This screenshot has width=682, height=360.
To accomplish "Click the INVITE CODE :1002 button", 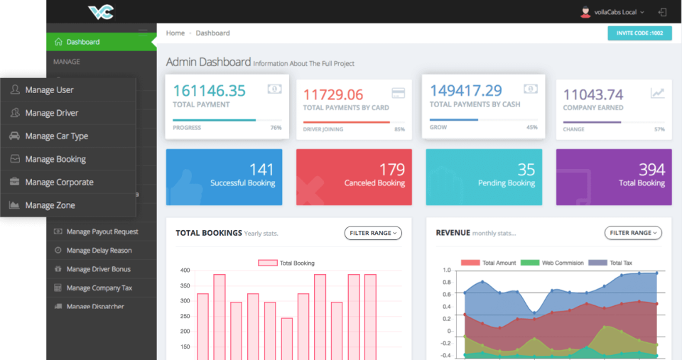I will pyautogui.click(x=639, y=33).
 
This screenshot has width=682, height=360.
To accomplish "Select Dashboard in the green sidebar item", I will pyautogui.click(x=82, y=42).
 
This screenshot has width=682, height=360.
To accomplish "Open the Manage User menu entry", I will pyautogui.click(x=49, y=90).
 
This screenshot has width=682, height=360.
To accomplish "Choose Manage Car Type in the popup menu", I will pyautogui.click(x=56, y=136).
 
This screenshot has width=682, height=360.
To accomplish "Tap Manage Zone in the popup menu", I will pyautogui.click(x=50, y=205).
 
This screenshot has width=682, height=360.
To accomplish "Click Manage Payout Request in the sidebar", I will pyautogui.click(x=102, y=231).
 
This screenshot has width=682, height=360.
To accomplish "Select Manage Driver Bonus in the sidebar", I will pyautogui.click(x=98, y=269).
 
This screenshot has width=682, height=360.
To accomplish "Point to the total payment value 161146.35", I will pyautogui.click(x=209, y=91).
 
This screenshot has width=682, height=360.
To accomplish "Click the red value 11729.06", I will pyautogui.click(x=332, y=94).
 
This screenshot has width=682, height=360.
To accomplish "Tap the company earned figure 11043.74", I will pyautogui.click(x=593, y=94).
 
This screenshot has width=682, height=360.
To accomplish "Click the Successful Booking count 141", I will pyautogui.click(x=261, y=170).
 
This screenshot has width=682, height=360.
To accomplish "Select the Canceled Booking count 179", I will pyautogui.click(x=392, y=170).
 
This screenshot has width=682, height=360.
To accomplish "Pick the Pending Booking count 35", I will pyautogui.click(x=526, y=170).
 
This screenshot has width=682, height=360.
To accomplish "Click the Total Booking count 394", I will pyautogui.click(x=651, y=170).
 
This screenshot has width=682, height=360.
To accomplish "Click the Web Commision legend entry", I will pyautogui.click(x=562, y=263).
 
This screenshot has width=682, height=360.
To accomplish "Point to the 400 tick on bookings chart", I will pyautogui.click(x=185, y=271).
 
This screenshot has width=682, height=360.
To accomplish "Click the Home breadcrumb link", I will pyautogui.click(x=175, y=33).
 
